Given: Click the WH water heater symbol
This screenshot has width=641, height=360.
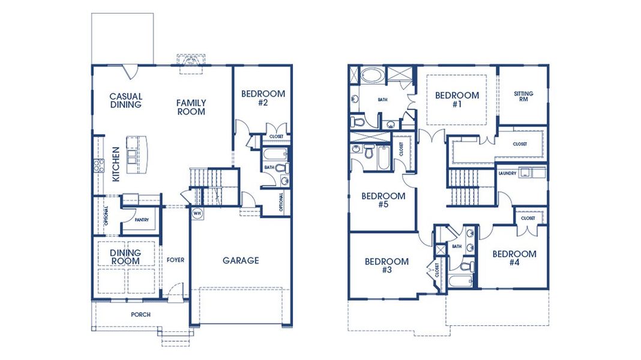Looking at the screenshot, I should (196, 213).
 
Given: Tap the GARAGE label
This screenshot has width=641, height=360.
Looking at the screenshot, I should (241, 260).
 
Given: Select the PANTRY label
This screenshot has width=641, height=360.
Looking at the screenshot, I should (142, 220).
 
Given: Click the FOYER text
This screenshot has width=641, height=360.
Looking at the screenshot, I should (175, 260).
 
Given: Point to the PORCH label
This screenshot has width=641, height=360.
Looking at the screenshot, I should (140, 314).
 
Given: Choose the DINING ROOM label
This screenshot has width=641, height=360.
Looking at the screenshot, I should (125, 257).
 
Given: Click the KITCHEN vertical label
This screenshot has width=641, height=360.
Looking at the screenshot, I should (116, 164).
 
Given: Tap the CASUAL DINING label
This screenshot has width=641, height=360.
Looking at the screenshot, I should (125, 100).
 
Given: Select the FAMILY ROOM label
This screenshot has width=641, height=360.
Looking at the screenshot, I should (191, 107).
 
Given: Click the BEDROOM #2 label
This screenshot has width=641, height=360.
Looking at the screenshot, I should (263, 98).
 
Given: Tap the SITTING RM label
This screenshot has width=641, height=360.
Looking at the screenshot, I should (523, 97).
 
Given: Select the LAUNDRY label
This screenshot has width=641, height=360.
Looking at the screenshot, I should (507, 173).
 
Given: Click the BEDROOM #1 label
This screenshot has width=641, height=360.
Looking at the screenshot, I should (457, 99).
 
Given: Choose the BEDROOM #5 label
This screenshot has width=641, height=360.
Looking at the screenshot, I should (383, 200).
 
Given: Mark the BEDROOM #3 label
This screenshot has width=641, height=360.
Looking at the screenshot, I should (387, 266).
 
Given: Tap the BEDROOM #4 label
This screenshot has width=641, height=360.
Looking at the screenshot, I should (514, 258).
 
